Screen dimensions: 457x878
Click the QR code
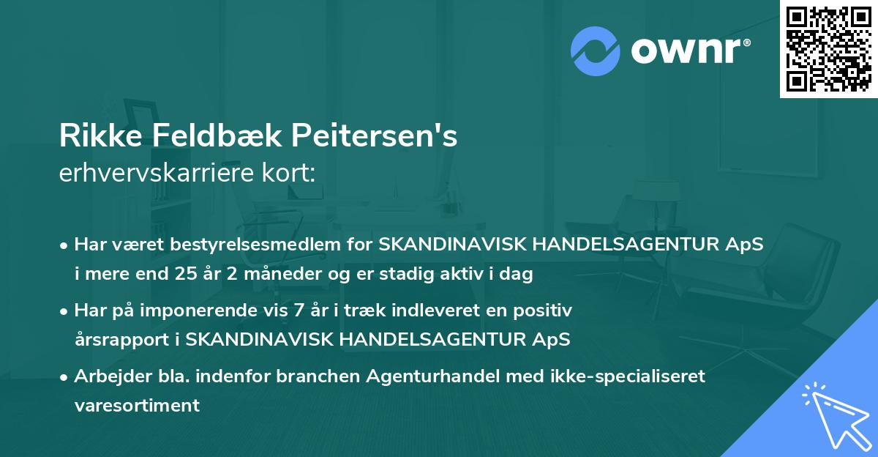click(828, 49)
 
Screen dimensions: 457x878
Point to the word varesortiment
click(137, 406)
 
